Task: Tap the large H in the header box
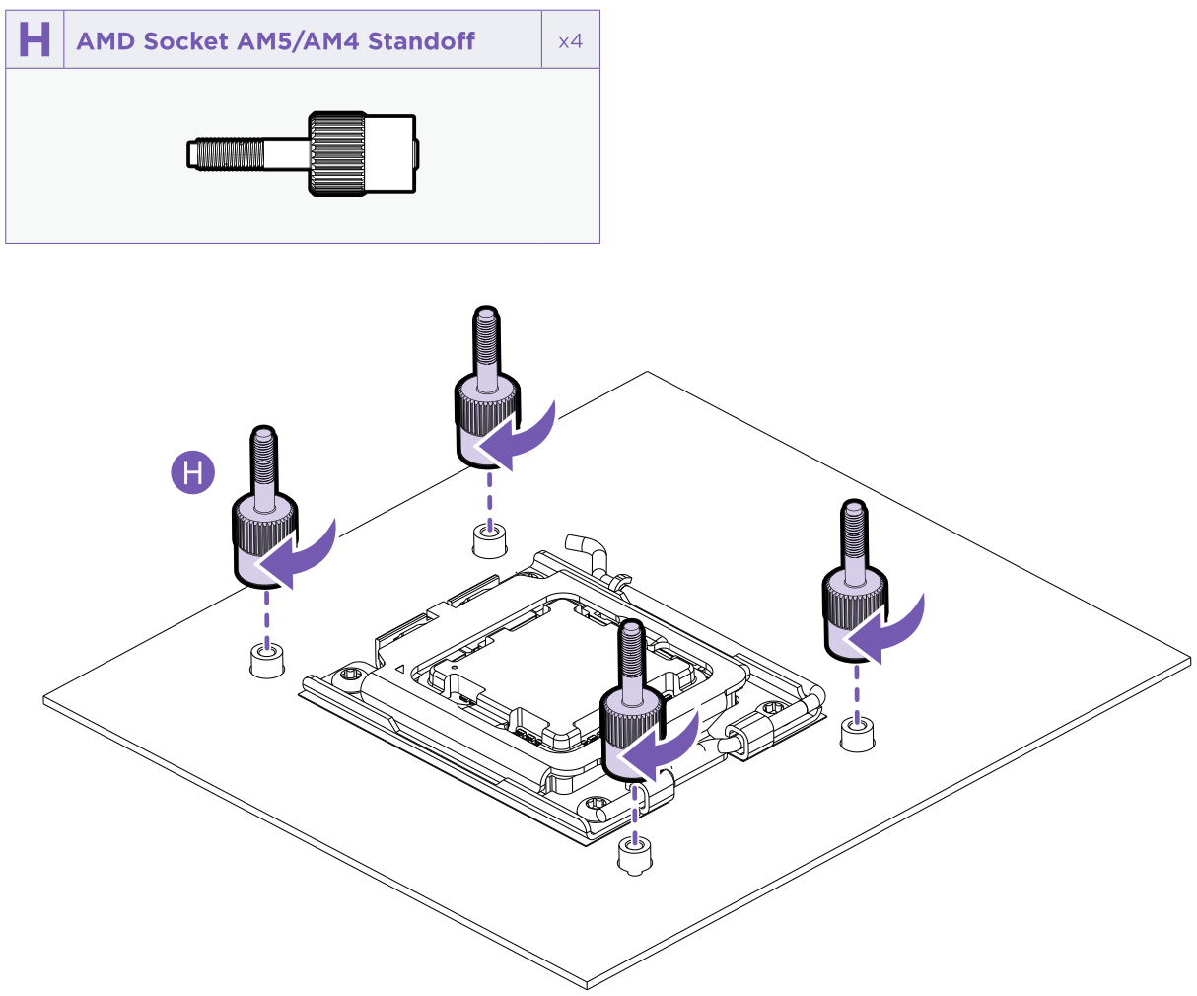point(35,40)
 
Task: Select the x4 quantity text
point(570,41)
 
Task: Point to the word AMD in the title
point(106,41)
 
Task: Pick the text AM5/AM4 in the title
point(300,41)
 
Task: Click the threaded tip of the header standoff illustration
point(226,153)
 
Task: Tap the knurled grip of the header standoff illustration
point(338,153)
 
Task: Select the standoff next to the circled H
point(264,513)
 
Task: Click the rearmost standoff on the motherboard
point(485,394)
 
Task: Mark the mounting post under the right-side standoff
point(857,734)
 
